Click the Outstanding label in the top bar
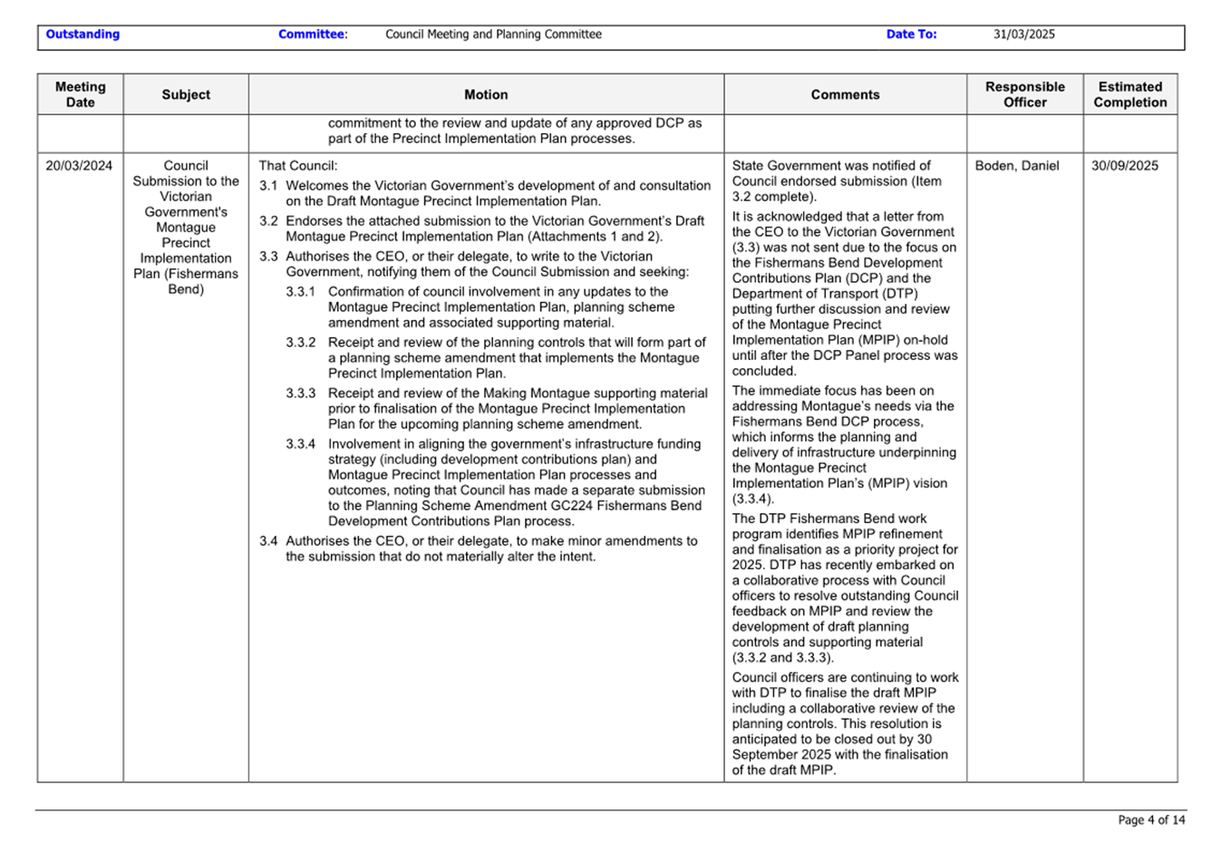82,34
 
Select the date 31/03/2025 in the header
1023,34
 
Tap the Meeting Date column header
80,94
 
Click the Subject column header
186,94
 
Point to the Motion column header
486,94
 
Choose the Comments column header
845,94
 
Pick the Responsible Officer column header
1024,94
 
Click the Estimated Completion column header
1129,94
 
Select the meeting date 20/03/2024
79,166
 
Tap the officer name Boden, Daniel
1016,166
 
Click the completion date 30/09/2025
1124,166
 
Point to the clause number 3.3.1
301,292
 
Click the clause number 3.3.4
301,444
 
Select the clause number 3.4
268,541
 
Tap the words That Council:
297,166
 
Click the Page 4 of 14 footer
1151,820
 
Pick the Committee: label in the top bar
313,34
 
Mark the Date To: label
911,34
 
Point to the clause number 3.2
268,221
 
